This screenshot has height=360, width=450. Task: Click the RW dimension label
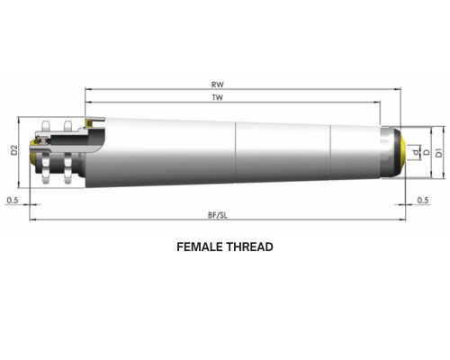pyautogui.click(x=218, y=85)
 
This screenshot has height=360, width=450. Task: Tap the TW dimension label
pyautogui.click(x=218, y=97)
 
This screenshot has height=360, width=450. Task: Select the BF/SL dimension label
pyautogui.click(x=218, y=215)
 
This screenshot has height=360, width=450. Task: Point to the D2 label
pyautogui.click(x=13, y=150)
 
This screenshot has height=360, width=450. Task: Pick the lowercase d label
pyautogui.click(x=416, y=152)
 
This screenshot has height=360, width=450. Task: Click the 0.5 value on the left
pyautogui.click(x=13, y=200)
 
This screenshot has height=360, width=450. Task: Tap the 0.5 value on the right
pyautogui.click(x=423, y=200)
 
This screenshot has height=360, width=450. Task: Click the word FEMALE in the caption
pyautogui.click(x=199, y=247)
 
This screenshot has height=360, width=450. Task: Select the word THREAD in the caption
pyautogui.click(x=249, y=247)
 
